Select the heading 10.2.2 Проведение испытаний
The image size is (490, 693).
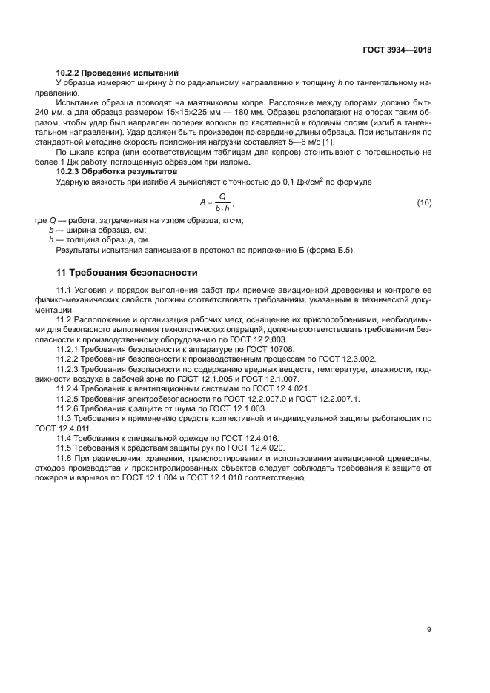[118, 73]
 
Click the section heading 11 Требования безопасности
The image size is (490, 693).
[127, 273]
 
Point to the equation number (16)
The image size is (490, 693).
[424, 202]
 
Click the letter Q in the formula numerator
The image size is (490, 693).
[222, 196]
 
